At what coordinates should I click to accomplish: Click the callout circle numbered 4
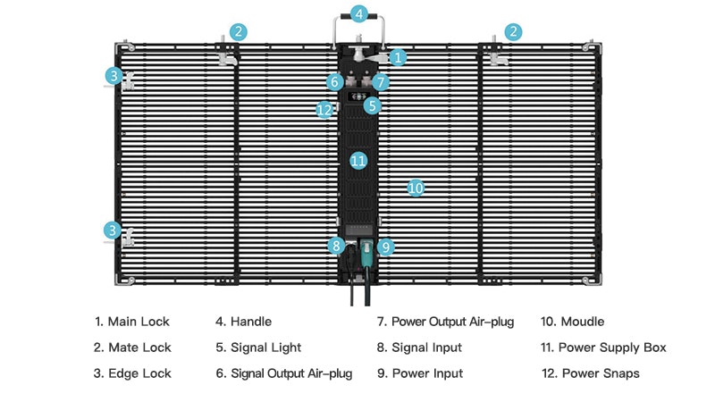[358, 14]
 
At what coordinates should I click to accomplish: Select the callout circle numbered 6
[334, 82]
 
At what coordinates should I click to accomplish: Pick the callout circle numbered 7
[382, 82]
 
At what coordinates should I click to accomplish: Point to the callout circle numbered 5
[373, 105]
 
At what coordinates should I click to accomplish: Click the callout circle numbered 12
[324, 109]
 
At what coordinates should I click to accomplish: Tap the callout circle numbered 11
[358, 161]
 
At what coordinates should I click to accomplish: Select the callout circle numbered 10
[415, 188]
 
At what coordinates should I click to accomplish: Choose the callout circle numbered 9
[386, 246]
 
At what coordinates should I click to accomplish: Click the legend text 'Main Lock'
[139, 322]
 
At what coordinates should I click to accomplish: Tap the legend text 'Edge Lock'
[139, 373]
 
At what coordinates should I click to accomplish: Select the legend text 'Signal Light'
[265, 348]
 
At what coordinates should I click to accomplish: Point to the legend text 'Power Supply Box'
[612, 348]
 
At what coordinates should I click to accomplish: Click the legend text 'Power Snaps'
[600, 373]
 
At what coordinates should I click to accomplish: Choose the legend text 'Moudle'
[582, 322]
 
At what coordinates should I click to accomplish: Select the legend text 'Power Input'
[428, 373]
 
